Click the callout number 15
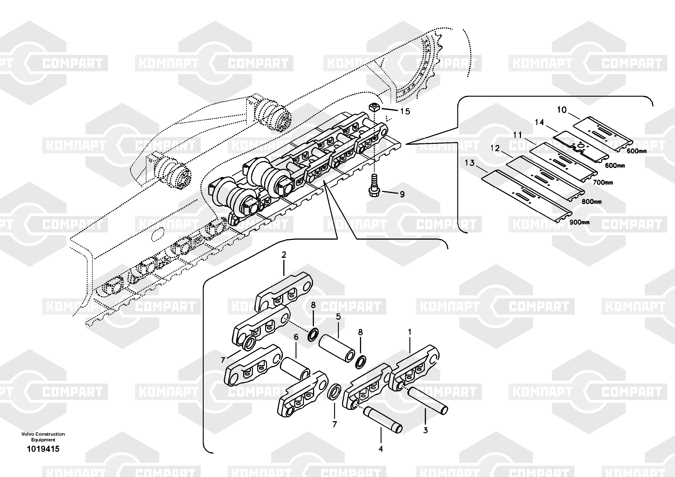[405, 111]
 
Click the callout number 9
[402, 194]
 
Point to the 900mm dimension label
[579, 222]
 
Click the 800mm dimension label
[592, 202]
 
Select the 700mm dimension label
[603, 182]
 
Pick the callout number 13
[470, 163]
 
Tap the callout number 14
[539, 122]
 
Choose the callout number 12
[495, 148]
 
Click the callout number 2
[284, 255]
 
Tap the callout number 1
[410, 332]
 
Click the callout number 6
[296, 337]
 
